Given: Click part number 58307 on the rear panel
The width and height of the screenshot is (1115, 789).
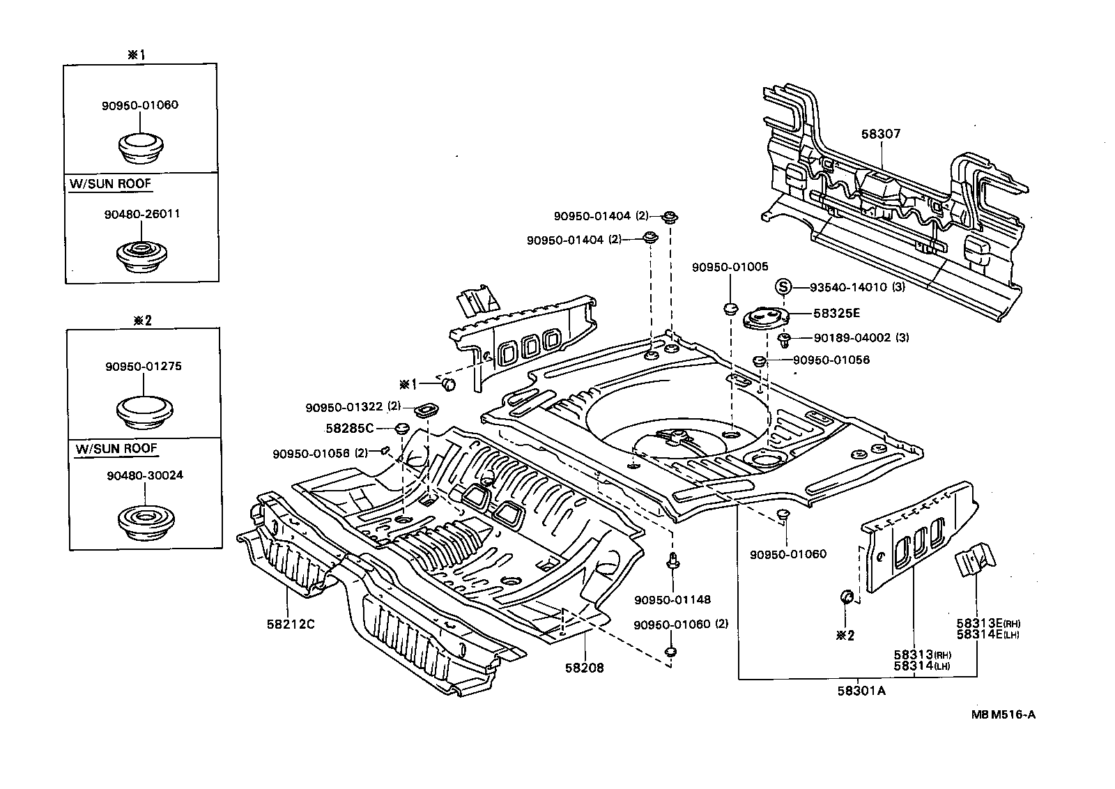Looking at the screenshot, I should tap(880, 134).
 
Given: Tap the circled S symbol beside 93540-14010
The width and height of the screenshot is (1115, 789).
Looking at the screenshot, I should tap(783, 286).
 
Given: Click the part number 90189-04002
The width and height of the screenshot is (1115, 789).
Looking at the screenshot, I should tap(852, 338).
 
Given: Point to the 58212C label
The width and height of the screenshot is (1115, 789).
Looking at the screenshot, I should tap(290, 624).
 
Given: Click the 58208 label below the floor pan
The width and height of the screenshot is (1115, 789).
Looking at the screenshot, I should tap(584, 668).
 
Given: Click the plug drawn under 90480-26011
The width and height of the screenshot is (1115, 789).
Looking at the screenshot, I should tap(141, 256).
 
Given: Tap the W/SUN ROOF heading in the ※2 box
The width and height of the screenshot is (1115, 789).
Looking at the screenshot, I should tap(116, 448).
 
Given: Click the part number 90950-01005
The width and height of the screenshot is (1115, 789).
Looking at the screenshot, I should tap(730, 267).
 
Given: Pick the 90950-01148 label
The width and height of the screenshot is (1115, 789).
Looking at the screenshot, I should tap(672, 599).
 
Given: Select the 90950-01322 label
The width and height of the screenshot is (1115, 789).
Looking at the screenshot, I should tap(345, 406).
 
